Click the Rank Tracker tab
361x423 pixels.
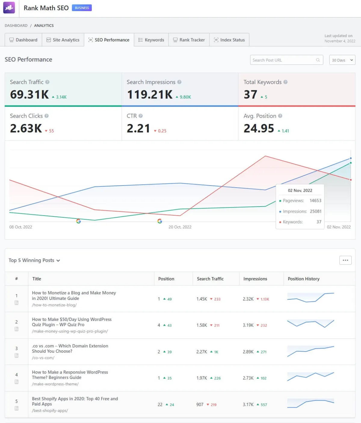point(189,40)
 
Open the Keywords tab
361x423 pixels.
point(151,40)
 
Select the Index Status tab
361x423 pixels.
point(229,40)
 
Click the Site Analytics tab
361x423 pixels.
point(63,40)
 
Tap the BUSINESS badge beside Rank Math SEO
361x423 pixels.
point(82,8)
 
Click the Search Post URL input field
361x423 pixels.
point(283,60)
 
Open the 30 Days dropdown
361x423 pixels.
point(342,60)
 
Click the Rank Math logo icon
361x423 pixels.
point(9,8)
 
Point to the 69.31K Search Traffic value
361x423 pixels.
point(29,95)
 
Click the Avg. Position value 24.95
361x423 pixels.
point(259,128)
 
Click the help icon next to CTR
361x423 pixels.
point(140,116)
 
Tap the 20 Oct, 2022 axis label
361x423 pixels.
point(180,227)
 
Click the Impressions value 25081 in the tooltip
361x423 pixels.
point(316,211)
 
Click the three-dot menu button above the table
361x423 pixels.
point(345,260)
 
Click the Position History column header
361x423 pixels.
point(304,279)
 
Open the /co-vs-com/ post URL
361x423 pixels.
point(43,358)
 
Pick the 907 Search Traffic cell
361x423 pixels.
point(200,405)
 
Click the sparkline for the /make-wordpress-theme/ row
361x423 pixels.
point(310,376)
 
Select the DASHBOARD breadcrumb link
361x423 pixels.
point(16,26)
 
